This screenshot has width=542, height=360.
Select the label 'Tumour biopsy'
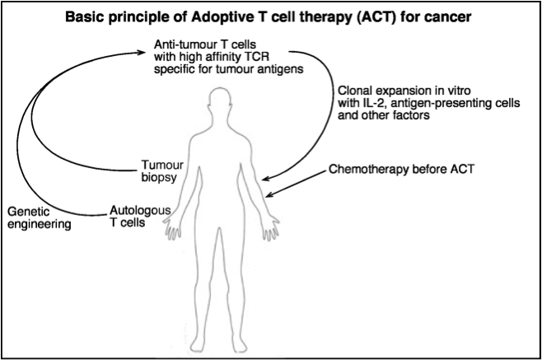click(162, 171)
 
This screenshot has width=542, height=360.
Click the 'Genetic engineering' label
click(40, 217)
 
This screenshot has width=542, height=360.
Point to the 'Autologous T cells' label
click(140, 216)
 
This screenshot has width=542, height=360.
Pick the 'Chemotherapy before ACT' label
click(401, 169)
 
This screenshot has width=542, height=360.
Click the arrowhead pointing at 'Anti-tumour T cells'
click(142, 53)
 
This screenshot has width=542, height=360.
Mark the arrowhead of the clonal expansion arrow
click(267, 179)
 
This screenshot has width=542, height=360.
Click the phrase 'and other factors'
click(384, 115)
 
